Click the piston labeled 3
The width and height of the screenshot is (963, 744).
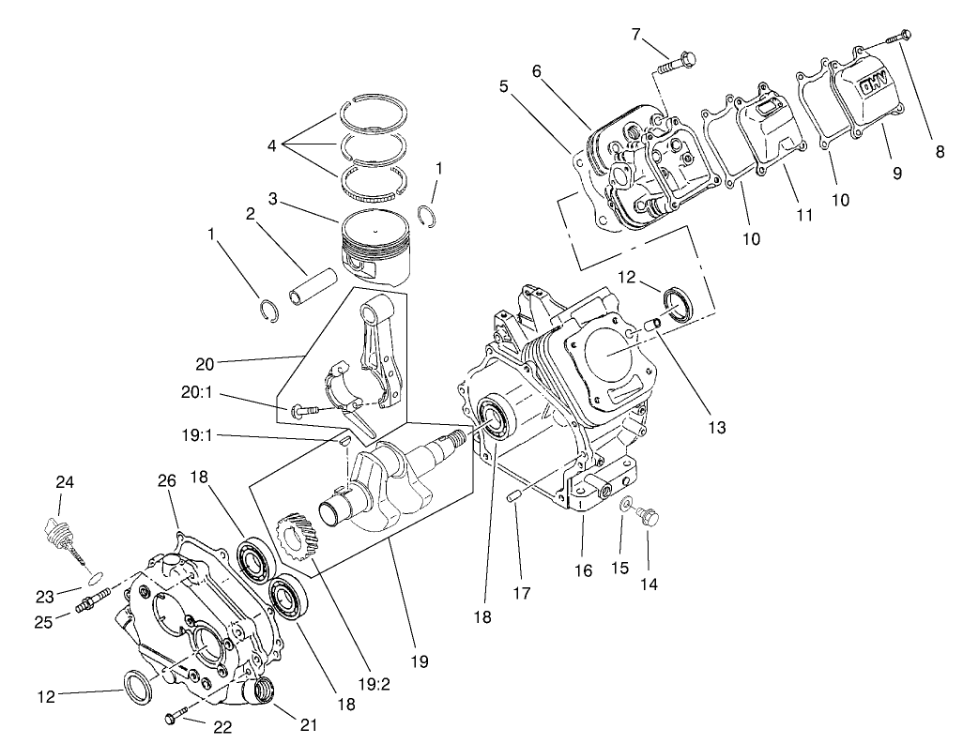click(x=375, y=246)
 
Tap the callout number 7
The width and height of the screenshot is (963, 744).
click(x=635, y=35)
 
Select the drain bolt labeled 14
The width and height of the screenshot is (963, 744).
click(x=650, y=515)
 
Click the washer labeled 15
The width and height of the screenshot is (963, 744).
click(x=626, y=506)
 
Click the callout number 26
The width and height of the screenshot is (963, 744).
click(x=166, y=481)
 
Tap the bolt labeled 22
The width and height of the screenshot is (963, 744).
click(x=175, y=718)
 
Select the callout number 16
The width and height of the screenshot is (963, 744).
click(x=584, y=570)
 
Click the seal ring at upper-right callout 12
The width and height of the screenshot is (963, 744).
click(x=678, y=300)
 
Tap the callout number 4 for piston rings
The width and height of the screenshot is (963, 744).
click(x=271, y=145)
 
